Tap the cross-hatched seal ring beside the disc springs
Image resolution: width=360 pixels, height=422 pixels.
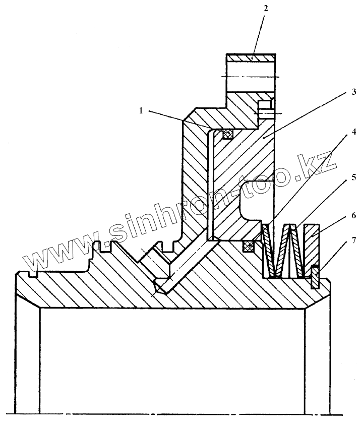[248, 247]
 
